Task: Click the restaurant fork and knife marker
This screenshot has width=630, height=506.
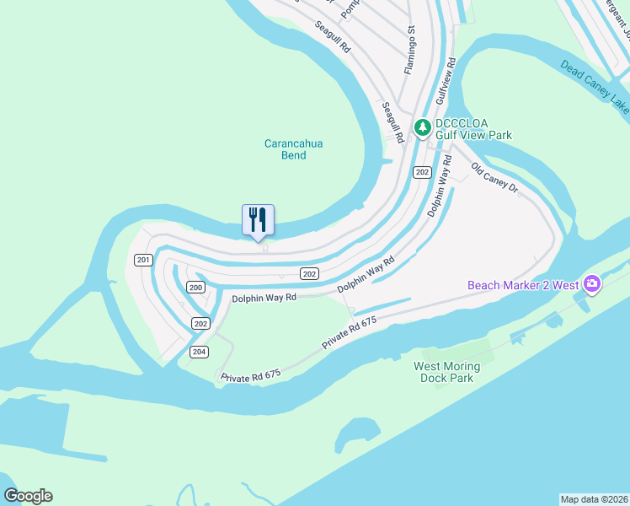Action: tap(258, 220)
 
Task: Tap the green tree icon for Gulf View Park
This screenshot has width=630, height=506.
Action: tap(422, 127)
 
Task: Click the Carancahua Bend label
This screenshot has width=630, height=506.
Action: tap(293, 149)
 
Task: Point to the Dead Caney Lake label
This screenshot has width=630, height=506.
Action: tap(595, 85)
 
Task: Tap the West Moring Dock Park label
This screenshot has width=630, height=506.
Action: tap(446, 372)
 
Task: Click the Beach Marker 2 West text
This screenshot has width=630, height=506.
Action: tap(523, 285)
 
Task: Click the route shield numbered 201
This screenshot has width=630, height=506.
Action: tap(143, 259)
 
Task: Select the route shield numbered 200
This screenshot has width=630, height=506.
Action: tap(195, 288)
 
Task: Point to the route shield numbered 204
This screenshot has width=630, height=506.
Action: tap(199, 352)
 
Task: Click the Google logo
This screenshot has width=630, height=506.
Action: tap(28, 496)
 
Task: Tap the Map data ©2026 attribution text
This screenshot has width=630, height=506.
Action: tap(594, 498)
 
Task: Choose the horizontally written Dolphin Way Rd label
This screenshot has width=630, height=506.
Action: tap(264, 298)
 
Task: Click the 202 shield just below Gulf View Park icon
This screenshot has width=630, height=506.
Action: tap(423, 172)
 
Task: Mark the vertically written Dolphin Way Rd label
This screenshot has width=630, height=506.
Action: tap(438, 186)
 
